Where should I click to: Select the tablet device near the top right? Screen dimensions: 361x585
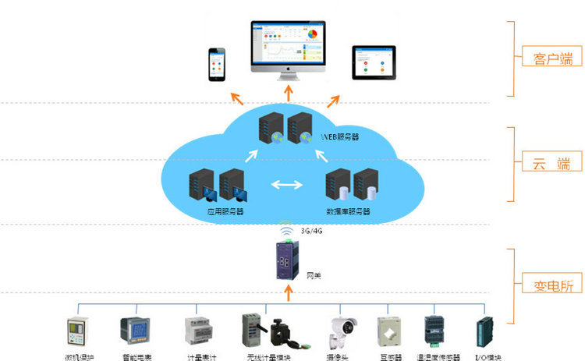tap(374, 62)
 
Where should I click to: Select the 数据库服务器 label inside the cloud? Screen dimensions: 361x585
tap(349, 211)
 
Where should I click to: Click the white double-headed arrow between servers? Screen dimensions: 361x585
tap(285, 186)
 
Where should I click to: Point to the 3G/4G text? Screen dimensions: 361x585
tap(313, 232)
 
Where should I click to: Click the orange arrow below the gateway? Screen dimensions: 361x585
tap(289, 293)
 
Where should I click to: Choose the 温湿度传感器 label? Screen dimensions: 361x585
tap(437, 356)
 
